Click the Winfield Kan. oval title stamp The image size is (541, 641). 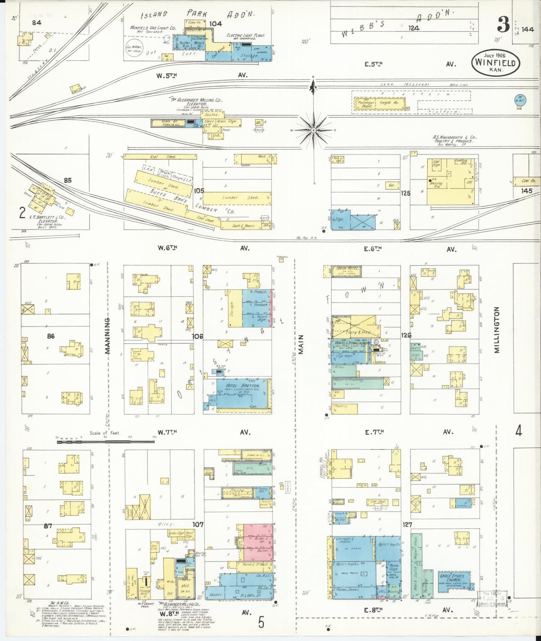click(495, 62)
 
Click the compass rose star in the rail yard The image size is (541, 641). click(313, 130)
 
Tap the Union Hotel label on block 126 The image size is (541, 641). click(347, 269)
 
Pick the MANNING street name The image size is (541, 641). click(107, 336)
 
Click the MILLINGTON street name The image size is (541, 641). click(497, 330)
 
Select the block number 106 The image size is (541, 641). click(197, 336)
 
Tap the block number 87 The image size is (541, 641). click(48, 526)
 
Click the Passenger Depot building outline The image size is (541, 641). click(366, 103)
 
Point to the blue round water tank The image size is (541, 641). click(519, 99)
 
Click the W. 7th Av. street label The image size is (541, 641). click(167, 432)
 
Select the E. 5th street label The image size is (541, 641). click(374, 64)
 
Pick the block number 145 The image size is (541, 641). click(526, 191)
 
